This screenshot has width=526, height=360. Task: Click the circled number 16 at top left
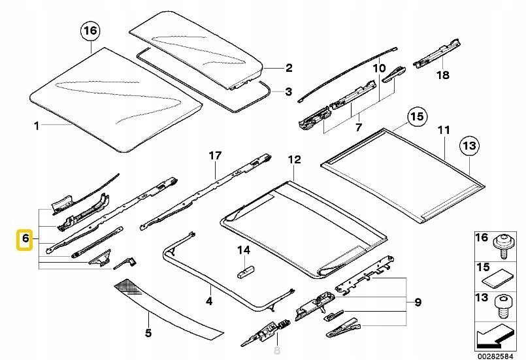coord(90,30)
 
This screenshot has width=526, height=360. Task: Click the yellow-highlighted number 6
coord(25,240)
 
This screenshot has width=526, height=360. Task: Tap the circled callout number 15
coord(416,117)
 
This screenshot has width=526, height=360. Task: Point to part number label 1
coord(37,125)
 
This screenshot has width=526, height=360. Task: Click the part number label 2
coord(289,67)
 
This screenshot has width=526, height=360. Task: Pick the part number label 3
coord(289,92)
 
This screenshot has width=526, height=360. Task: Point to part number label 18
coord(443,75)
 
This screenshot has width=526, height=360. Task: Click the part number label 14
coord(243,250)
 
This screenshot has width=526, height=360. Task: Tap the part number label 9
coord(417,303)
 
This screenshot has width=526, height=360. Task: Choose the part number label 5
coord(148,333)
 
